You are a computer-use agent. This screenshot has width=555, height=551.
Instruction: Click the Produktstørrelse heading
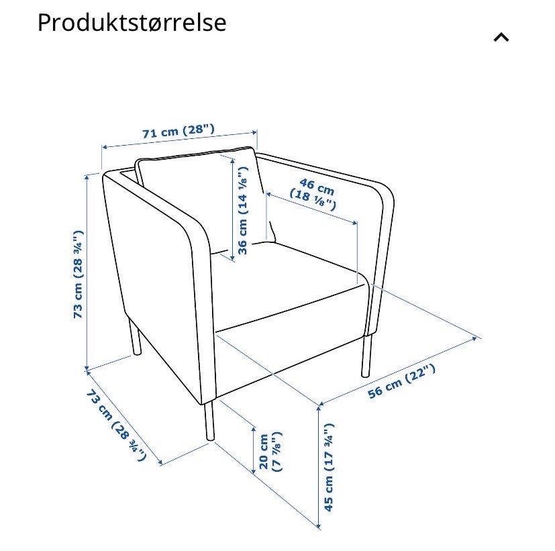pyautogui.click(x=132, y=22)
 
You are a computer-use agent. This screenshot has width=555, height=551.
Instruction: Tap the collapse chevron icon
pyautogui.click(x=501, y=38)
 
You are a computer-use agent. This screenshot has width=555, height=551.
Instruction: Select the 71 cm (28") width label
pyautogui.click(x=179, y=131)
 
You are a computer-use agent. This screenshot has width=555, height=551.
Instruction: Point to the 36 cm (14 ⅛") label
pyautogui.click(x=243, y=210)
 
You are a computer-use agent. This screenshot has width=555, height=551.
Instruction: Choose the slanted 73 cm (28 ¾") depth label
pyautogui.click(x=115, y=423)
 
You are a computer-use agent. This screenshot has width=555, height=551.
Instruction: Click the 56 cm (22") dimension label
pyautogui.click(x=401, y=381)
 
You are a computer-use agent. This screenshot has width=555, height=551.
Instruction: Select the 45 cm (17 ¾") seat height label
pyautogui.click(x=329, y=466)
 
